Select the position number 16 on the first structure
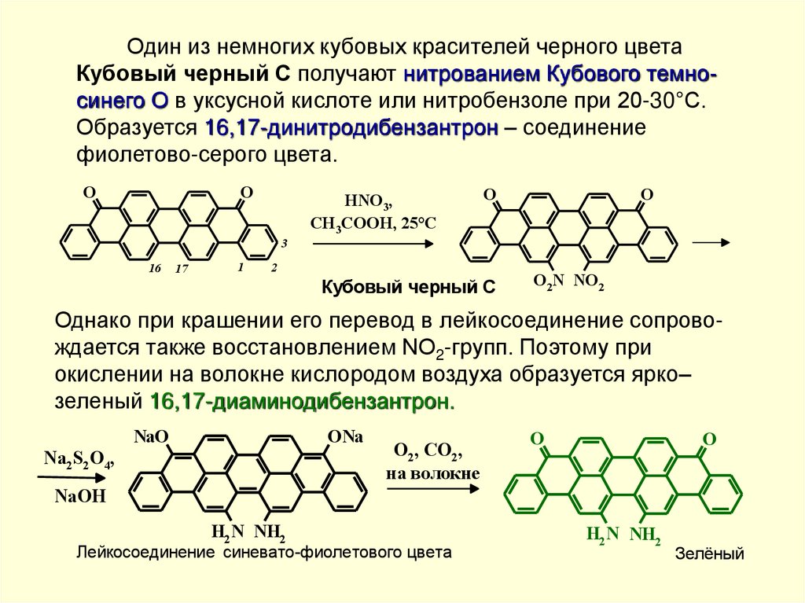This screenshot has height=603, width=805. pos(155,269)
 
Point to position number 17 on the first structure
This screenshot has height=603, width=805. pos(182,269)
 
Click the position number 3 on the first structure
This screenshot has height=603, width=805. pos(285,245)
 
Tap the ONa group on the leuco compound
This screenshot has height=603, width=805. pos(345,438)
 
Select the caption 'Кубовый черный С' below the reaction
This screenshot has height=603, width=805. pos(408,289)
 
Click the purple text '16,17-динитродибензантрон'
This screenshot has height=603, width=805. pos(352,128)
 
